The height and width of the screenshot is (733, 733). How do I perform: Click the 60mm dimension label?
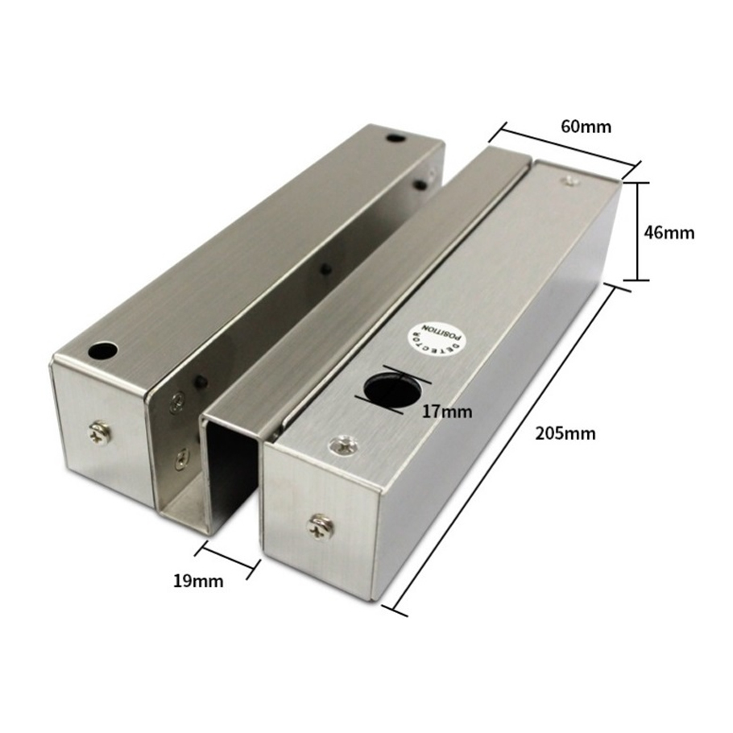click(586, 127)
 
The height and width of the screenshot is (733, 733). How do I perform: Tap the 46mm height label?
click(669, 232)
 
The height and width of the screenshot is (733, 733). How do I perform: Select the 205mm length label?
click(565, 434)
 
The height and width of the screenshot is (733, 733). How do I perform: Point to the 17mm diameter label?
click(447, 412)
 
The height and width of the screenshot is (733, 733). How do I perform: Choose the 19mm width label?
click(198, 581)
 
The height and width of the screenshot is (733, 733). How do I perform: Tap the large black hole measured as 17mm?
click(387, 391)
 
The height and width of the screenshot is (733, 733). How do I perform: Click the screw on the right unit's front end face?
click(321, 526)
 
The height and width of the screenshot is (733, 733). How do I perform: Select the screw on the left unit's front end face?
click(100, 433)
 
